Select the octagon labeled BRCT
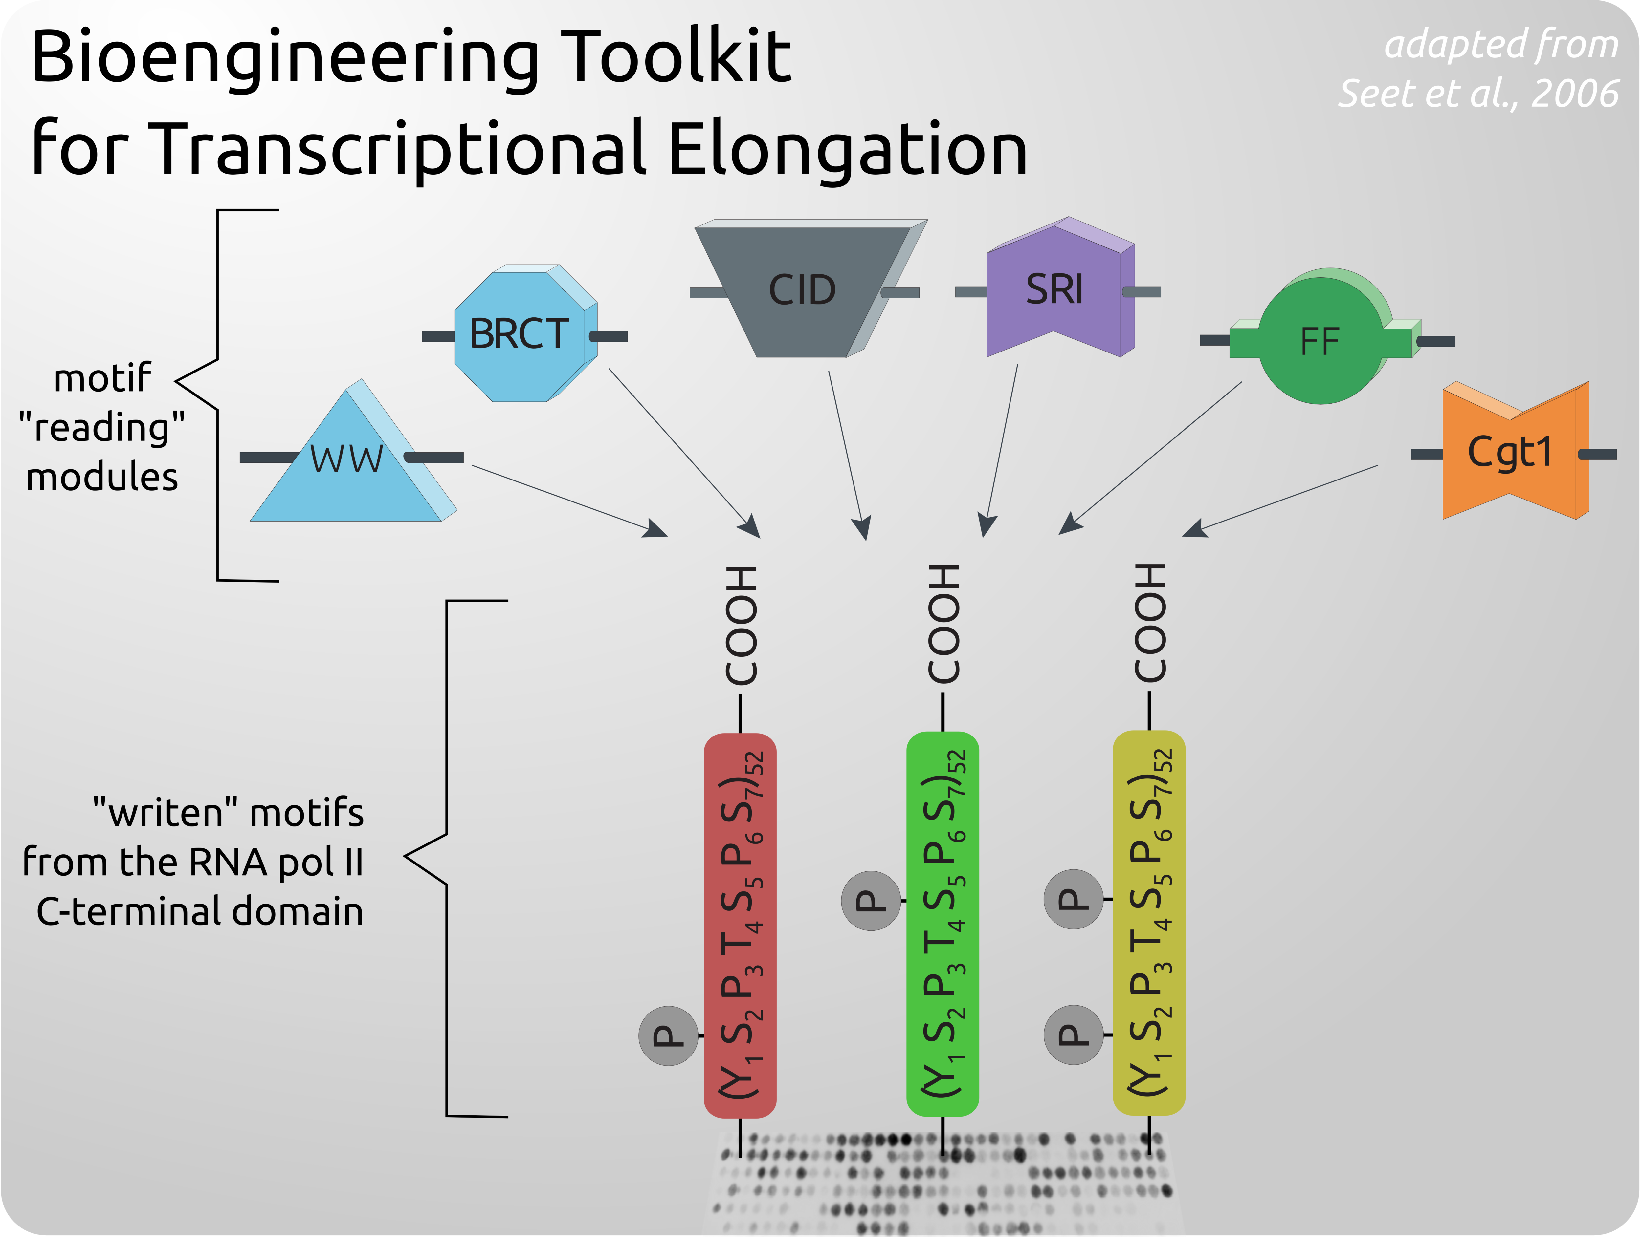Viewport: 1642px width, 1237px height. (520, 334)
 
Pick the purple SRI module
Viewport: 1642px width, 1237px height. (1054, 289)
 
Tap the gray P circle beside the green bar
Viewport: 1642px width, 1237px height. (871, 901)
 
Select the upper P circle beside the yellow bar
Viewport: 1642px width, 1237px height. (1074, 899)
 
